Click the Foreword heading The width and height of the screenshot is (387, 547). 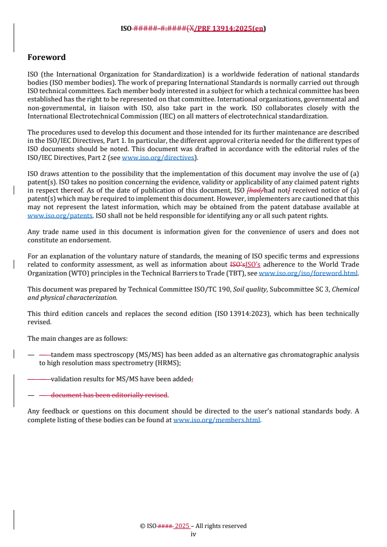pyautogui.click(x=46, y=58)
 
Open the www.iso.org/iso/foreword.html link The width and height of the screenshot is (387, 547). pyautogui.click(x=308, y=273)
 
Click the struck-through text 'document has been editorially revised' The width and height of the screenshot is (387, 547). pyautogui.click(x=109, y=395)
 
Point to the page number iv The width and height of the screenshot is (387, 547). pyautogui.click(x=193, y=534)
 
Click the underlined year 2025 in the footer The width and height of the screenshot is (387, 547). pyautogui.click(x=182, y=526)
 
